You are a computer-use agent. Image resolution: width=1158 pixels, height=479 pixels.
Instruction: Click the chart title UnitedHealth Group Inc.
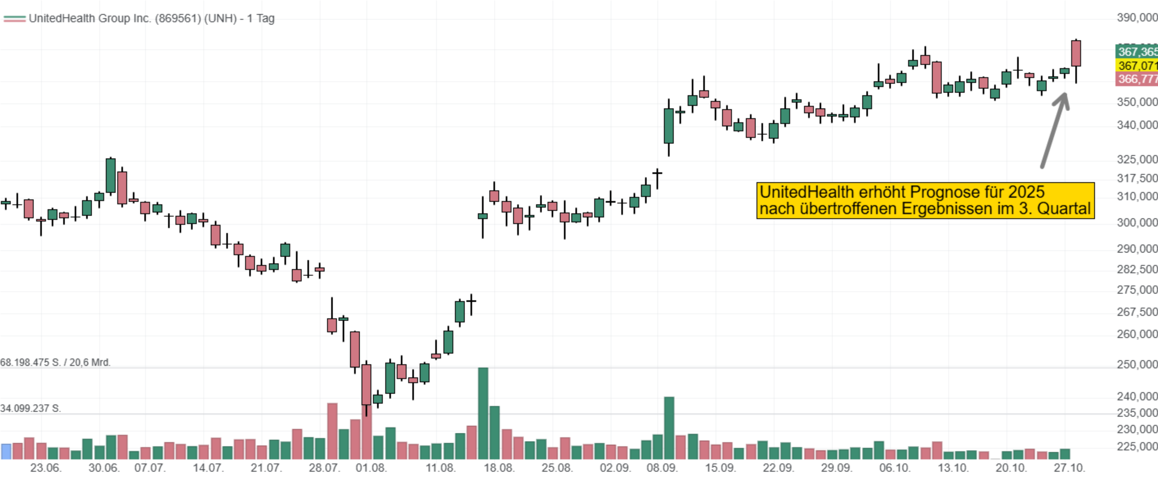151,18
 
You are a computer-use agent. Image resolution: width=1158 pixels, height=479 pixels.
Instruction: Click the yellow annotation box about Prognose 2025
925,201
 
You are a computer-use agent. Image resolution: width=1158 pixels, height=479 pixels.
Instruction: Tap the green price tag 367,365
1136,52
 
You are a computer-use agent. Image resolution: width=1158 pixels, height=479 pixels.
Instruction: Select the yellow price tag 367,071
1136,66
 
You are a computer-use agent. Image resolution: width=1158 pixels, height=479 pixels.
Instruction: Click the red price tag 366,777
1136,79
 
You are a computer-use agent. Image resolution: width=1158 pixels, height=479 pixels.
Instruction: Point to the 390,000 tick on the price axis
1136,18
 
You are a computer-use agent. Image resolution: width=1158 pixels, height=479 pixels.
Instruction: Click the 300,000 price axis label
1136,223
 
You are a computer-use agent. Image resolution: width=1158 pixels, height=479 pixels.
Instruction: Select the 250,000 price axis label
1136,364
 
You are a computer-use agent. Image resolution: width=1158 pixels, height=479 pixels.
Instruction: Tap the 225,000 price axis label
1136,446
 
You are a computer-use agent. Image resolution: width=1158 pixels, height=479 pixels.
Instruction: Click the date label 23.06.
45,468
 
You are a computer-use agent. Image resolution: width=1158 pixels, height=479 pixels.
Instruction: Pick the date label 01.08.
371,468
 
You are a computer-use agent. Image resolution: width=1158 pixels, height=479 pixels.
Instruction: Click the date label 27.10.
1069,468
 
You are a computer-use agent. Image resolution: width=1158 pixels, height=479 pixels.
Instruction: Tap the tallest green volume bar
483,413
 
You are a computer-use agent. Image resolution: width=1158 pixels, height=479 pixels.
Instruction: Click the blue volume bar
6,451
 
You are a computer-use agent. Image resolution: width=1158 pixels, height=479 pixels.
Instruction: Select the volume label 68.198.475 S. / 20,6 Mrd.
55,363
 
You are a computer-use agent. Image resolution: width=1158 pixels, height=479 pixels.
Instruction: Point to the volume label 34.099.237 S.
31,408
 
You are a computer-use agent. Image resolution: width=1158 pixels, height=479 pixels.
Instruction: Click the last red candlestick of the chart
1076,53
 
